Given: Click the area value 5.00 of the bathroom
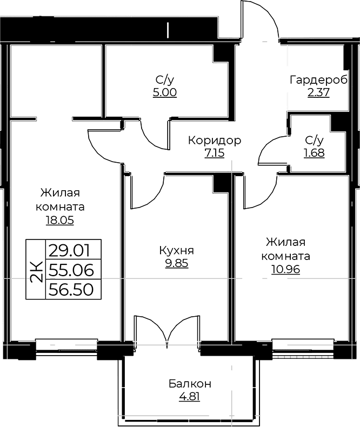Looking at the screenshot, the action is tap(165, 92).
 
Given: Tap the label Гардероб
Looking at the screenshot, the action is tap(318, 80).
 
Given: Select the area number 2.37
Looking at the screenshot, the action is tap(318, 92).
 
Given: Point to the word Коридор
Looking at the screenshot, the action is tap(215, 141).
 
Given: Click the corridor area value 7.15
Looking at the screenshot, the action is tap(215, 153).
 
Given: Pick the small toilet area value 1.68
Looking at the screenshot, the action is tap(314, 153).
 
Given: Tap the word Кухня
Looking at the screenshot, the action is tap(176, 251).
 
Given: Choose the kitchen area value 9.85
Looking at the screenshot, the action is tap(177, 263).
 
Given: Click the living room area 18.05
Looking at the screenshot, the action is tap(60, 220).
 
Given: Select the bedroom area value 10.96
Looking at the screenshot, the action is tap(285, 269).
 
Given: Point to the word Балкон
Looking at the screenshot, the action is tap(190, 384).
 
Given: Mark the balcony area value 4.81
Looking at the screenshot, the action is tap(190, 397).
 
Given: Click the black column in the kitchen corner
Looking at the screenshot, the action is tap(221, 184).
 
